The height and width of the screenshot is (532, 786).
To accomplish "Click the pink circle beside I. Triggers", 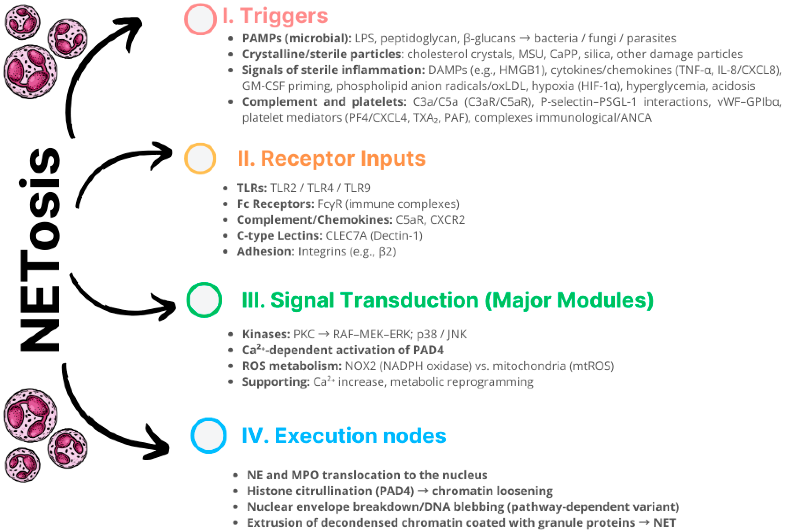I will (200, 19).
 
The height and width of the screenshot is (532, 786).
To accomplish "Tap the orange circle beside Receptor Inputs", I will (200, 158).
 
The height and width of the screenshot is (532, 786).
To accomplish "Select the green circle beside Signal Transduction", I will (204, 300).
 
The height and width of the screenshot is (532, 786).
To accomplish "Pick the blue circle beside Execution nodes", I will (208, 435).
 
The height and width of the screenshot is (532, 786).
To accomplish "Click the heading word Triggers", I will (284, 16).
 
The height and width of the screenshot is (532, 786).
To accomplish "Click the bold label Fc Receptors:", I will (275, 204).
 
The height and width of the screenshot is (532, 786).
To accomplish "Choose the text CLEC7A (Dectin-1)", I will (374, 236).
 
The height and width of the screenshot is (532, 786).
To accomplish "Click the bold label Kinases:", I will (266, 334).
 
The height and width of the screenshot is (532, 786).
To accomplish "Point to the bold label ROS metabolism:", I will (291, 366).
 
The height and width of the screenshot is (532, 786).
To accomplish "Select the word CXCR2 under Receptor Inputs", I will (447, 220).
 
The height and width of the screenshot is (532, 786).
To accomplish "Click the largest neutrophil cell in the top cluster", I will (30, 72).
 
